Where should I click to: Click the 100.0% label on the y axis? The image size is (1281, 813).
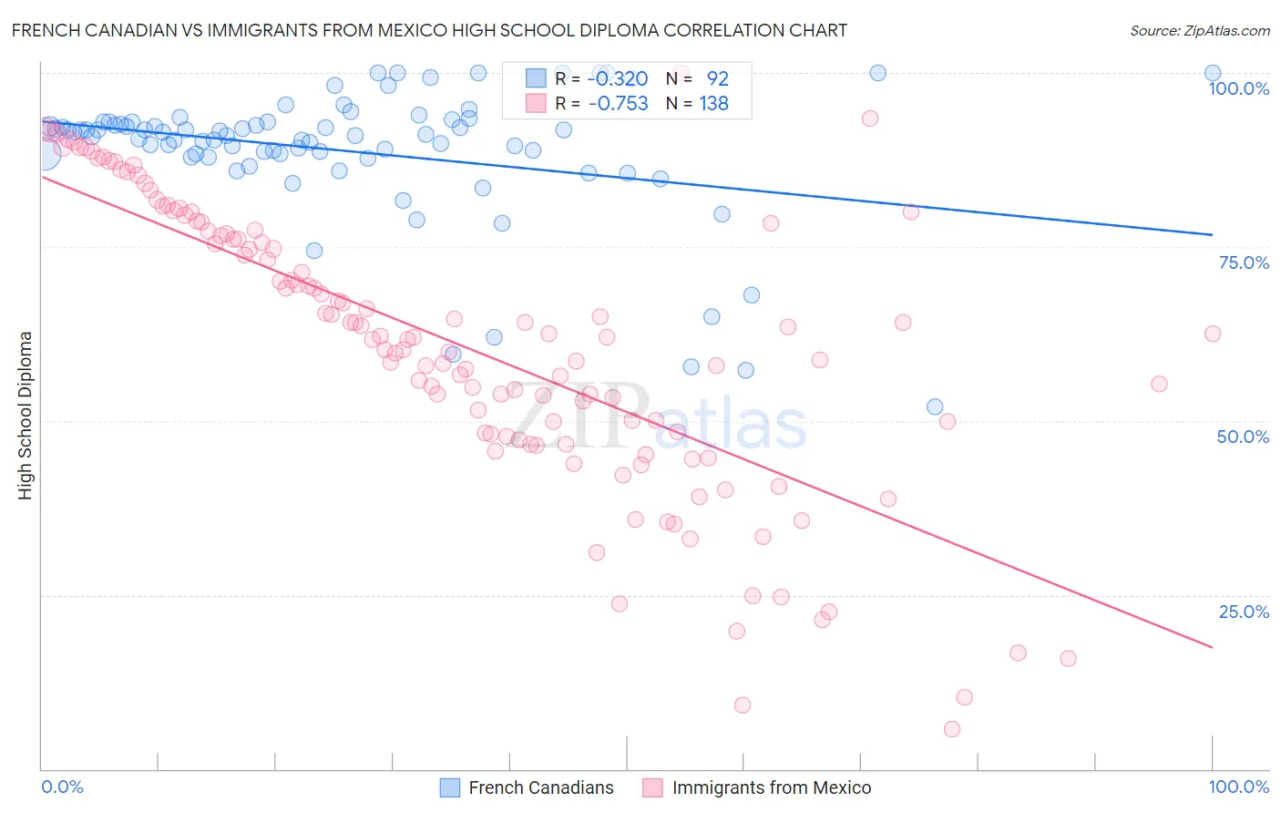1238,88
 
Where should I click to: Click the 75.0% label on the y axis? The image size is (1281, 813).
1244,262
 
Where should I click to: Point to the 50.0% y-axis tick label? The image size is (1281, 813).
1243,437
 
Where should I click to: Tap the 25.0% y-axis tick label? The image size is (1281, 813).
1244,612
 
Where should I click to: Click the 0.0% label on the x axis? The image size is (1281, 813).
63,787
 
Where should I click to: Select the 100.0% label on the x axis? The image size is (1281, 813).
1238,787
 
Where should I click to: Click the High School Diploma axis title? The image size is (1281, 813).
26,415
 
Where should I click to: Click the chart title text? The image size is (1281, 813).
429,31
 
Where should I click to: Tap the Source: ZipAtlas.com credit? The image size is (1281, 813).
1199,31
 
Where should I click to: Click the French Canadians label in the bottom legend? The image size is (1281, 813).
541,787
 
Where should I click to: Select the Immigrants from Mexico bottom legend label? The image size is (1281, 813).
772,787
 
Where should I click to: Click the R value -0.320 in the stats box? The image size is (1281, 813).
618,78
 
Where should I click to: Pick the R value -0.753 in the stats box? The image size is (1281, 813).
618,103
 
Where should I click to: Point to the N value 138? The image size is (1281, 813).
713,103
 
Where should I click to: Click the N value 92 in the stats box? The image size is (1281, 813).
717,78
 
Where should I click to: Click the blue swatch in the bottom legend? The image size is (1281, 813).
450,787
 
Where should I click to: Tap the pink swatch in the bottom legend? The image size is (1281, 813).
652,787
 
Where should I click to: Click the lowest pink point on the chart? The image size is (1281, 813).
952,729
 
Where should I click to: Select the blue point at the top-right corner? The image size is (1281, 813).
1213,73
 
